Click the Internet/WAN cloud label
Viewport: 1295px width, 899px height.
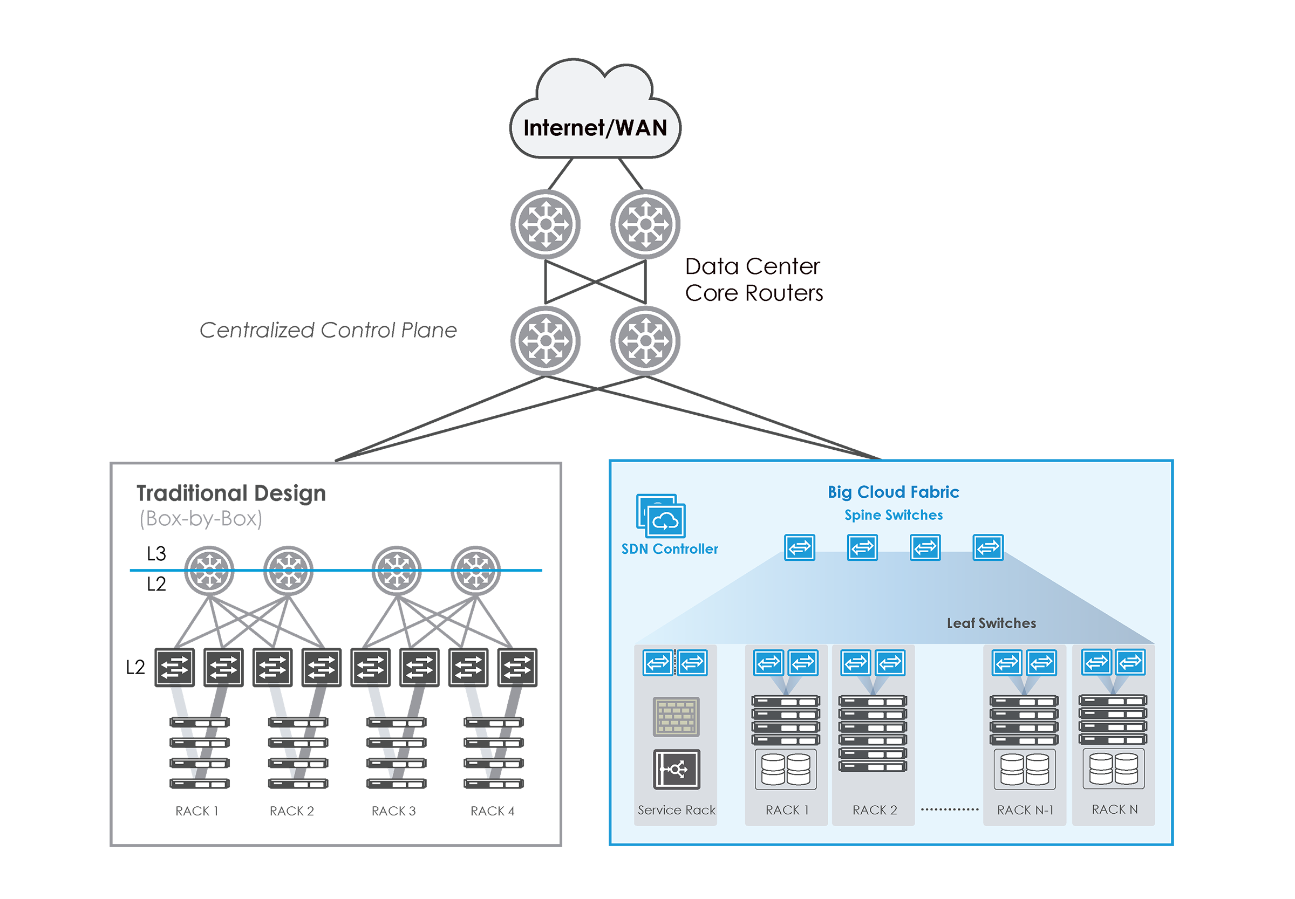click(x=595, y=128)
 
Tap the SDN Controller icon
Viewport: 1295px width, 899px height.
click(x=661, y=516)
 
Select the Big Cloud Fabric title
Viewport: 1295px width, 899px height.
click(x=893, y=492)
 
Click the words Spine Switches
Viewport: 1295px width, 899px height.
click(x=893, y=515)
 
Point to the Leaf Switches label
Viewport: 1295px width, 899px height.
click(x=991, y=623)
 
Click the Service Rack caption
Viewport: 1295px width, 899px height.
click(x=676, y=810)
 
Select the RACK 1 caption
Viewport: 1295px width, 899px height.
click(x=787, y=810)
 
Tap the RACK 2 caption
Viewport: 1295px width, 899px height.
click(x=875, y=810)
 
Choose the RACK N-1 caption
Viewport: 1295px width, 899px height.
click(x=1025, y=810)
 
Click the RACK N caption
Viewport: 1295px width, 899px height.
click(x=1115, y=809)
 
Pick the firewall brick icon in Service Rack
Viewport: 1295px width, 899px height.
click(x=676, y=717)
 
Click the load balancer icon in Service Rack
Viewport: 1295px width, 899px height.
click(x=676, y=769)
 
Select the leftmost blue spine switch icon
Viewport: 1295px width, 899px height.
click(x=800, y=547)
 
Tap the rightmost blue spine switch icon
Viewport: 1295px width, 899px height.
click(x=988, y=547)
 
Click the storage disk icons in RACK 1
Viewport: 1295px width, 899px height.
click(x=786, y=769)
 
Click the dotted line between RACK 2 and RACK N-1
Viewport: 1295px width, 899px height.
click(x=950, y=809)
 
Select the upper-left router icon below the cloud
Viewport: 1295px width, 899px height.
click(x=545, y=224)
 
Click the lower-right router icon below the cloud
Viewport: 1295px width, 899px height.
click(x=645, y=341)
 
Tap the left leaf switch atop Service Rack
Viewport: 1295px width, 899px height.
click(x=658, y=662)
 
